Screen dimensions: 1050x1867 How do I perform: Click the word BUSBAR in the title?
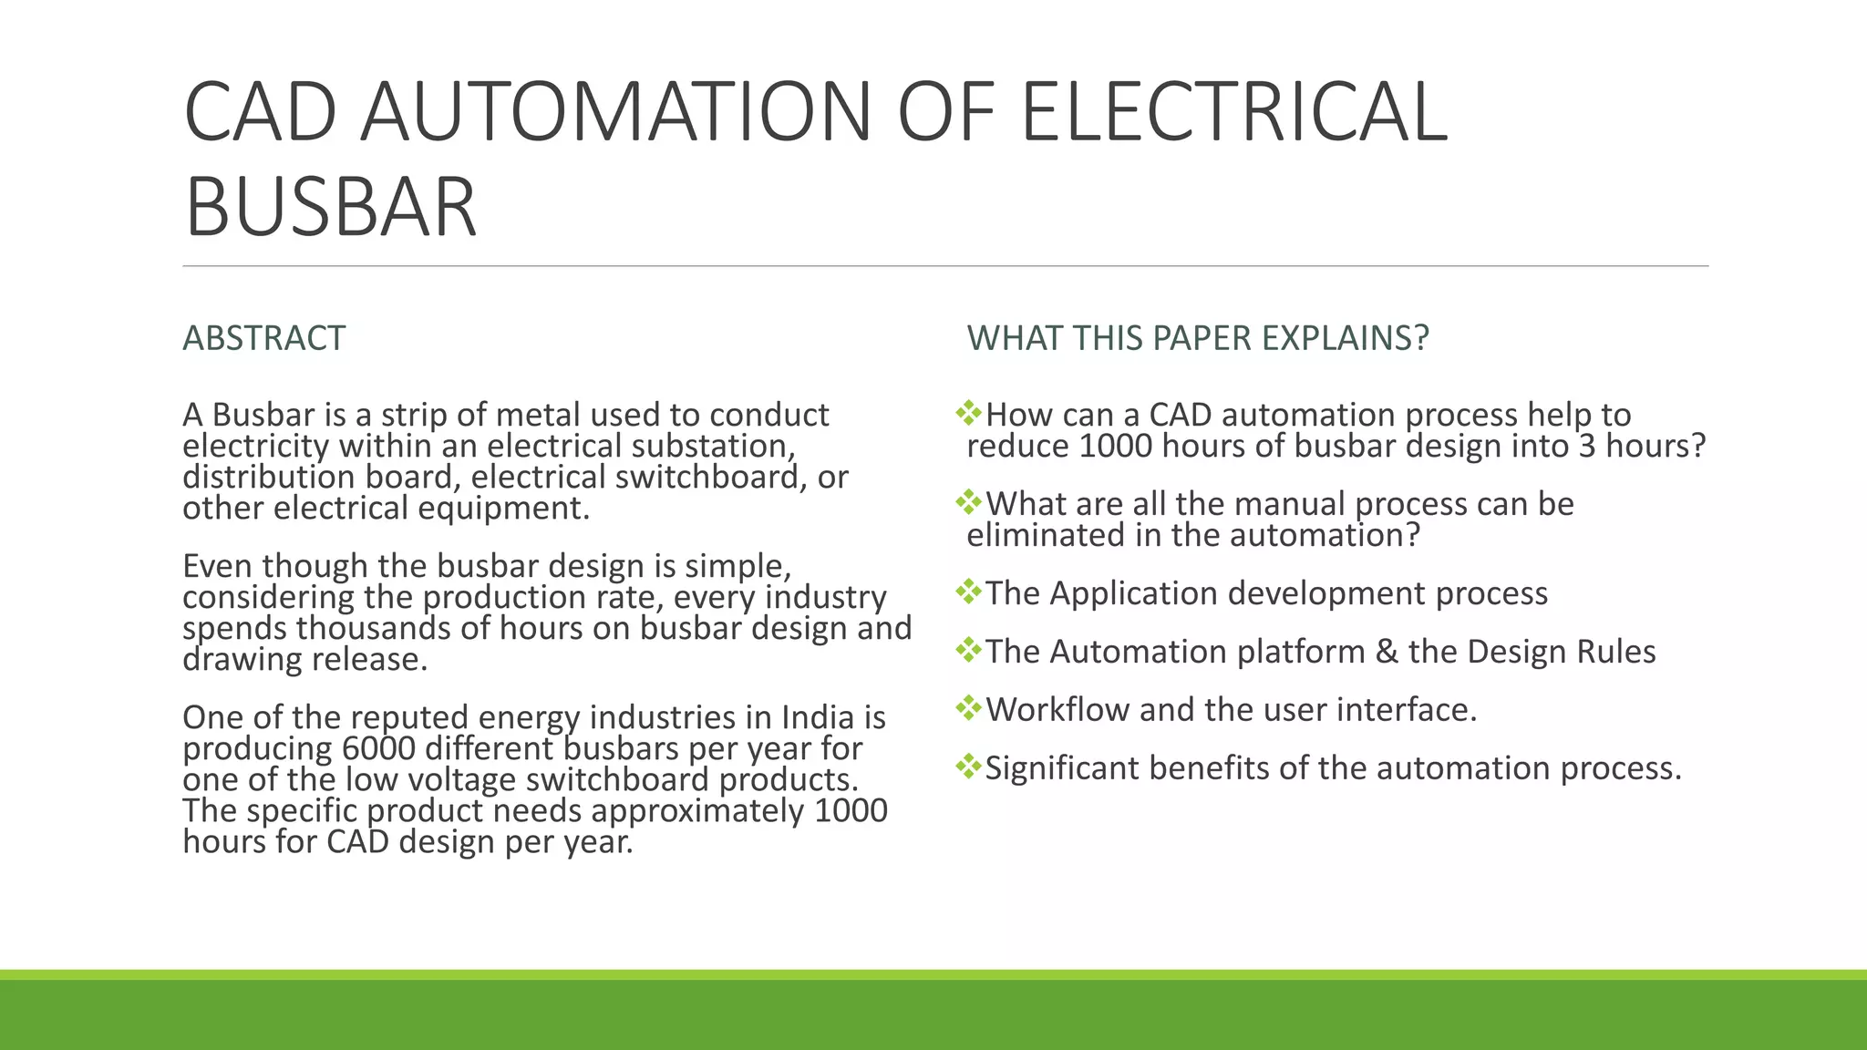pyautogui.click(x=330, y=208)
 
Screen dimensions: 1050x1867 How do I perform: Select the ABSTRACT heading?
pyautogui.click(x=263, y=338)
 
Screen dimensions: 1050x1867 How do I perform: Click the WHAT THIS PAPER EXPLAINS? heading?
pyautogui.click(x=1197, y=338)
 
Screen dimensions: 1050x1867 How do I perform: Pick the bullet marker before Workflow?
pyautogui.click(x=968, y=708)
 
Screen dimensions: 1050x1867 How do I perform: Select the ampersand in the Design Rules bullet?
pyautogui.click(x=1386, y=652)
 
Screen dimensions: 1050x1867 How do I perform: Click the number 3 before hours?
pyautogui.click(x=1586, y=447)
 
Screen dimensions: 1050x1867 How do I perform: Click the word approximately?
pyautogui.click(x=697, y=811)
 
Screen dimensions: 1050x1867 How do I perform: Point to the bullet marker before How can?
pyautogui.click(x=968, y=414)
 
